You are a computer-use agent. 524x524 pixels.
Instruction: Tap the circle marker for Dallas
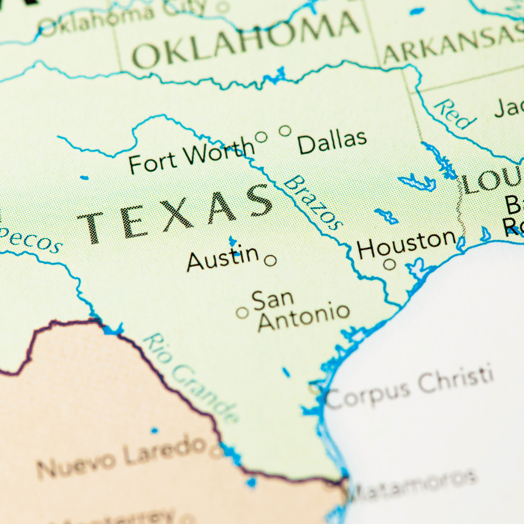pos(285,131)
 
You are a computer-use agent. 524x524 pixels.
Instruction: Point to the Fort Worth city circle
pos(261,137)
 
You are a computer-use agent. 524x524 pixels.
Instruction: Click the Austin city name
pos(223,259)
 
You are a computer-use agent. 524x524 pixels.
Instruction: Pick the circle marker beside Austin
pos(270,261)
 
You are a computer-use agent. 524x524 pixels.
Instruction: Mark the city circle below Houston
pos(389,264)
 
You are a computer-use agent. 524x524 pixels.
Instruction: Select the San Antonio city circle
pos(242,312)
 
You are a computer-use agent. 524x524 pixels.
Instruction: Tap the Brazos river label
pos(312,202)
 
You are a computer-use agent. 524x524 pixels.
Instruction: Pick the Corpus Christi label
pos(410,389)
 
